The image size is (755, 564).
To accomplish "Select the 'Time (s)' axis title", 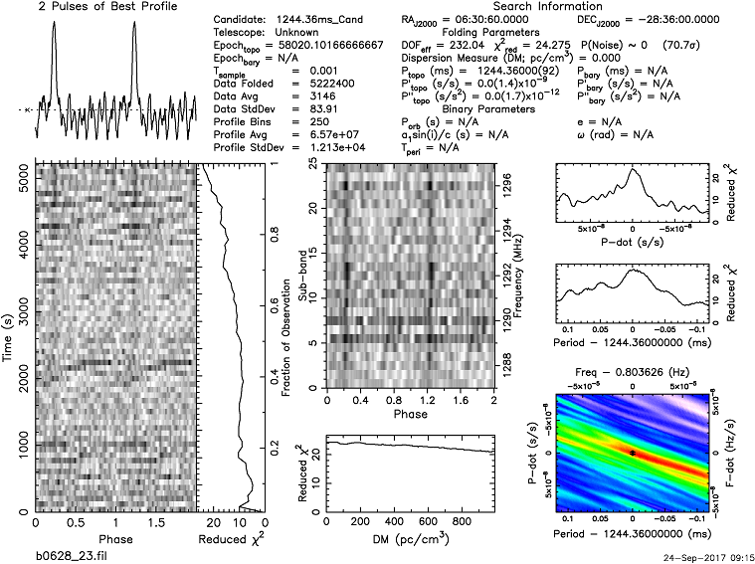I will click(9, 338).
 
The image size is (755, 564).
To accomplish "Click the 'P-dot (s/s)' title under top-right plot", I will click(633, 240).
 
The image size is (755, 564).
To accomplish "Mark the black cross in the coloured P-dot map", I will click(633, 453).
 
